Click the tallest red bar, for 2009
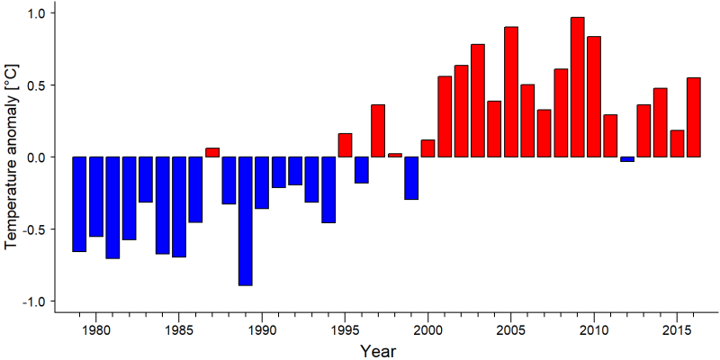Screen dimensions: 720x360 coord(577,87)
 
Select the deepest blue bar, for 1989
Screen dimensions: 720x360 coord(245,221)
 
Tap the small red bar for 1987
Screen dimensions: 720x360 coord(211,152)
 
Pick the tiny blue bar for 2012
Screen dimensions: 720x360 coord(627,159)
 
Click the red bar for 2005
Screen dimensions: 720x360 coord(511,92)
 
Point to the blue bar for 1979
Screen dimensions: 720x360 coord(79,204)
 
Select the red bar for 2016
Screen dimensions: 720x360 coord(694,118)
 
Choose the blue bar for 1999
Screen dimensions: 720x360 coord(411,178)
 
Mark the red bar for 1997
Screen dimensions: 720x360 coord(378,130)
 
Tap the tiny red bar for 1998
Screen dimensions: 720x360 coord(395,155)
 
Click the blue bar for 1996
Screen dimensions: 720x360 coord(362,170)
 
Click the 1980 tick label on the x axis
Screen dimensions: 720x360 coord(95,329)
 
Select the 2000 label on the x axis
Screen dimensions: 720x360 coord(428,329)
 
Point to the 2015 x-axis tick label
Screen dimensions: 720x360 coord(677,329)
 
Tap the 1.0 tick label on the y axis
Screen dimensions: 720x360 coord(38,13)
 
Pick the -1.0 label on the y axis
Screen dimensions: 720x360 coord(35,301)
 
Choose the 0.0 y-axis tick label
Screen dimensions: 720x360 coord(38,157)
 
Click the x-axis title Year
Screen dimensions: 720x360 coord(377,351)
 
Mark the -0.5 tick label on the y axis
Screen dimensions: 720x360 coord(35,229)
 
